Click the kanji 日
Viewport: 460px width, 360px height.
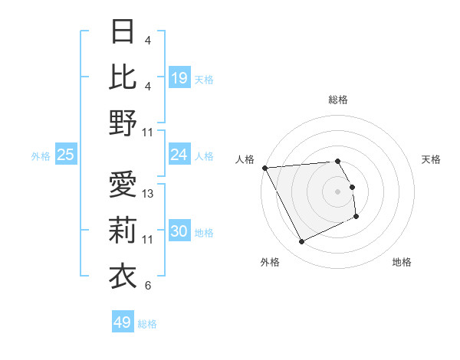(123, 32)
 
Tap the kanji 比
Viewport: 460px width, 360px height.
(123, 77)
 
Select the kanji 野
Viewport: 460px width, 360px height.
(123, 123)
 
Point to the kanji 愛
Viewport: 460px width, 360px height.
(123, 185)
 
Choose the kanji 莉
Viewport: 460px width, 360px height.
(123, 230)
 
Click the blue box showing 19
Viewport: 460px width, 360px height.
(179, 78)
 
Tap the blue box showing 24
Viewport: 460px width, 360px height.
(179, 155)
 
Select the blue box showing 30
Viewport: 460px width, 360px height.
(179, 232)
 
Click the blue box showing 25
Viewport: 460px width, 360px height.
(66, 155)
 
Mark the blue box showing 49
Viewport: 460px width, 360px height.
(123, 322)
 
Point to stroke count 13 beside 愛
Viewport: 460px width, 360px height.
(149, 194)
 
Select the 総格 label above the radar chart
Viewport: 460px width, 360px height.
(338, 100)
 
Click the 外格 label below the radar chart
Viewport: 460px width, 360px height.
(270, 262)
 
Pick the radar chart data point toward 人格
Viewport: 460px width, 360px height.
(264, 167)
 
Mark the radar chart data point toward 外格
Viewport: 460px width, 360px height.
(301, 242)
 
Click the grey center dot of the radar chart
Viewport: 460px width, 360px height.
(338, 191)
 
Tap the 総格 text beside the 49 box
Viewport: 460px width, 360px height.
(147, 324)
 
